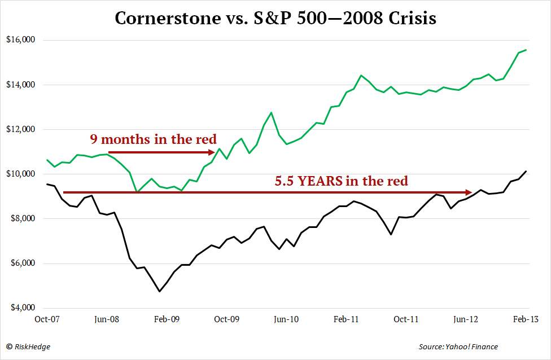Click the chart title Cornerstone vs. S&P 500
(x=275, y=18)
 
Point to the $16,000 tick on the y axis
(x=21, y=40)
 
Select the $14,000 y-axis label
(x=21, y=85)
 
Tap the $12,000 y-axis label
(x=21, y=129)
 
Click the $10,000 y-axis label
(x=21, y=174)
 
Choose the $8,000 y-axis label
(x=23, y=218)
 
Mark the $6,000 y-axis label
(x=23, y=264)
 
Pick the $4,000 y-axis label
(x=23, y=308)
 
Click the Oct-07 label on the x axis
(x=47, y=319)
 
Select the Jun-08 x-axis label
(x=107, y=319)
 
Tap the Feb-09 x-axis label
(x=167, y=319)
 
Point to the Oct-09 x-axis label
(x=226, y=319)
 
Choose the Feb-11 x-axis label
(x=346, y=319)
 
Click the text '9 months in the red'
(x=154, y=139)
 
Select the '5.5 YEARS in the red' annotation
(x=341, y=181)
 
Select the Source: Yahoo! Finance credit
(x=458, y=346)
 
